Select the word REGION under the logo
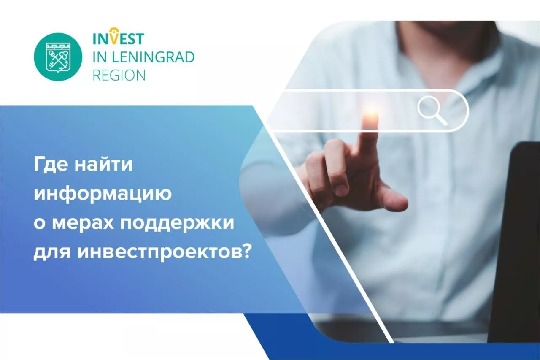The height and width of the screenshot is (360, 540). click(119, 75)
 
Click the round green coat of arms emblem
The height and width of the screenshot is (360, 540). click(58, 57)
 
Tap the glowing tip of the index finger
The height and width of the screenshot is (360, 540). click(371, 116)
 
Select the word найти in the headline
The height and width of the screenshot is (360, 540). click(104, 165)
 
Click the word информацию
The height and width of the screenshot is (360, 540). click(103, 194)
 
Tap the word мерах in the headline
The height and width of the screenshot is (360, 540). click(83, 223)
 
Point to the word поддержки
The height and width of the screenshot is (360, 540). click(177, 223)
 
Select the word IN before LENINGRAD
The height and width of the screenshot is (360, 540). click(99, 57)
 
